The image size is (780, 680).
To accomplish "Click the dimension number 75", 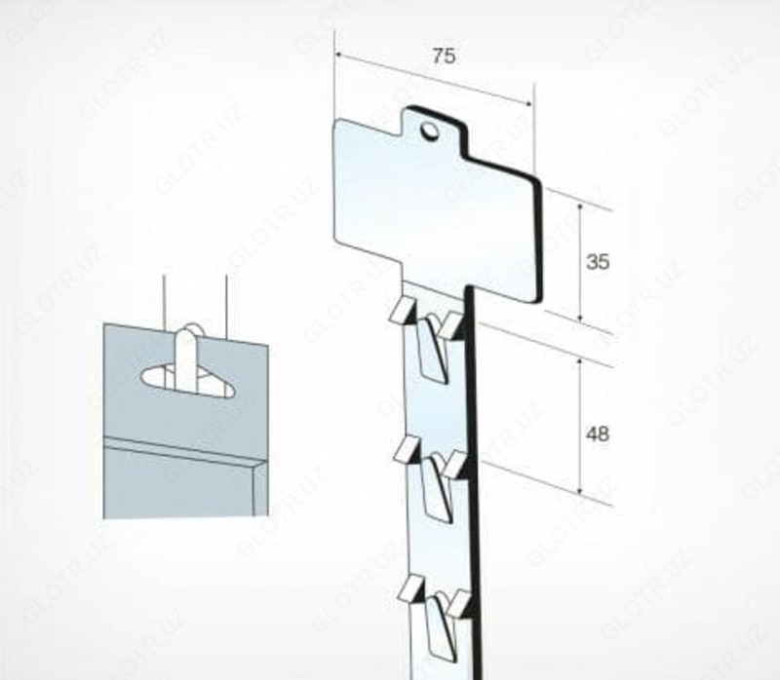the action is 444,56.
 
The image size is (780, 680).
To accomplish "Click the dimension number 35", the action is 598,261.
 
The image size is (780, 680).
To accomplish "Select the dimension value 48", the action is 598,434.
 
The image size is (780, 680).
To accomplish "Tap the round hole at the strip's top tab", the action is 429,131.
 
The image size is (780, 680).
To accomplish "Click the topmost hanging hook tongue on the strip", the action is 431,349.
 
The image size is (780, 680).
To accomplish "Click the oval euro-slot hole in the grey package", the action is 187,380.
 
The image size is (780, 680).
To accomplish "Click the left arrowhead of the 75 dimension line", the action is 338,55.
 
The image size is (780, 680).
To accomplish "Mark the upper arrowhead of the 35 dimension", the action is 580,207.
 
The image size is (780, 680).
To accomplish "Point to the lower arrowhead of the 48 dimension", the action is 579,490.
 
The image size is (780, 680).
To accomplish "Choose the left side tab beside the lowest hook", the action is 411,588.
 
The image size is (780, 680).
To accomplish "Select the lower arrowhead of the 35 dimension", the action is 580,318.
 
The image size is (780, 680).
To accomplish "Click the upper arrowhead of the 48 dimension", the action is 579,361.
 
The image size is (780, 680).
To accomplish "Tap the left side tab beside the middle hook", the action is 406,449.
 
